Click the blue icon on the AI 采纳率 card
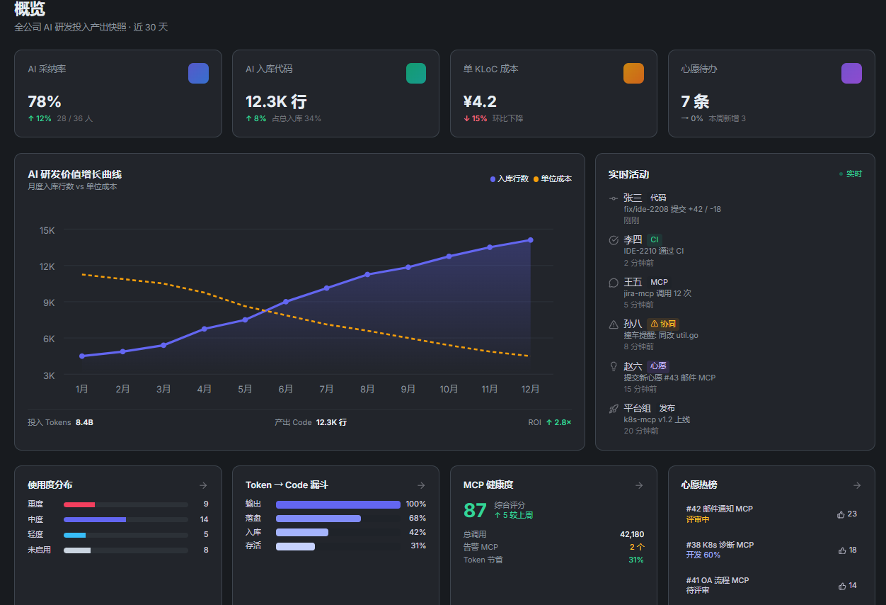click(x=198, y=73)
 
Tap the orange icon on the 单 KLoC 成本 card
click(x=633, y=73)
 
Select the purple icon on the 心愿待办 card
click(x=851, y=73)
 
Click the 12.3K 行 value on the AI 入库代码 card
click(x=276, y=102)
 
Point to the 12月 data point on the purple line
click(x=531, y=240)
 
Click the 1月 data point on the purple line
click(x=82, y=356)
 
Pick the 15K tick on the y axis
click(x=47, y=230)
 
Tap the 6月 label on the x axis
click(x=286, y=389)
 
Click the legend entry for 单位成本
click(x=553, y=179)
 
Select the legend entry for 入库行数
click(x=510, y=179)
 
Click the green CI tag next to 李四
click(x=654, y=239)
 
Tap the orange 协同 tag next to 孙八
click(x=663, y=324)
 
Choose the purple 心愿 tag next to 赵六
click(x=658, y=366)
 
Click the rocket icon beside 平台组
click(x=614, y=409)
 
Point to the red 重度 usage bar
click(x=79, y=504)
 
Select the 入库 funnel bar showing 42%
click(x=301, y=532)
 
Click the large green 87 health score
click(x=475, y=510)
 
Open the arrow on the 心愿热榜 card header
click(x=857, y=485)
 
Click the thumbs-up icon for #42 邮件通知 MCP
click(x=841, y=515)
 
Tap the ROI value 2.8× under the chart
click(x=558, y=422)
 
